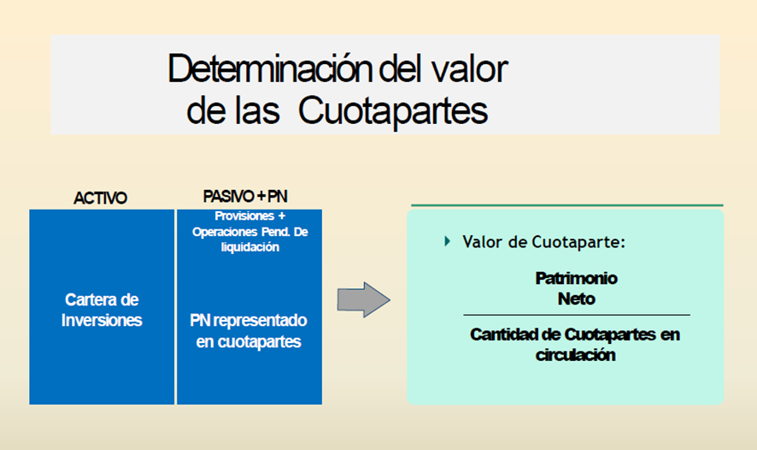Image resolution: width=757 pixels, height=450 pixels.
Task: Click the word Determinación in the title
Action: [x=270, y=68]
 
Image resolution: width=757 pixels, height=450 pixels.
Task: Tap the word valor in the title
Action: [x=469, y=68]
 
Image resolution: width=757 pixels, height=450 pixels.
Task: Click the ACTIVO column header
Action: [x=101, y=198]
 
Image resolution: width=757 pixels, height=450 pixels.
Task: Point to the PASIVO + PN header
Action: [x=245, y=196]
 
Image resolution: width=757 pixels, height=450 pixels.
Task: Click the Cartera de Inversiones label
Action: [x=102, y=310]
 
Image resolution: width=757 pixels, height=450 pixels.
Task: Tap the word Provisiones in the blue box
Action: [x=244, y=216]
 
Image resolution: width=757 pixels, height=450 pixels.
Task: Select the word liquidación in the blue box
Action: [x=250, y=247]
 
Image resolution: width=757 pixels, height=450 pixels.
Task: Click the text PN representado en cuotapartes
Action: [x=249, y=331]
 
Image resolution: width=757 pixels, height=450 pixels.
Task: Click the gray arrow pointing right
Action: [x=363, y=299]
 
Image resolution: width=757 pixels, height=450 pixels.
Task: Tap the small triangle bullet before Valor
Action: [x=448, y=240]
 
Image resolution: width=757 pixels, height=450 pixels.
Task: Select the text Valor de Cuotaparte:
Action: [x=543, y=241]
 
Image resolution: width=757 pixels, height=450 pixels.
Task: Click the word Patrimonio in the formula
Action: [x=577, y=278]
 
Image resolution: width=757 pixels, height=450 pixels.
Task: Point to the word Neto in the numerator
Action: [x=577, y=299]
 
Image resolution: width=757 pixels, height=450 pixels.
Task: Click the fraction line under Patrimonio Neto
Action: [x=577, y=315]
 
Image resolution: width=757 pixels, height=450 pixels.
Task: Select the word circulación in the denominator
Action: [x=576, y=355]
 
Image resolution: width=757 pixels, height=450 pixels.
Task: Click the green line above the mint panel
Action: [x=567, y=205]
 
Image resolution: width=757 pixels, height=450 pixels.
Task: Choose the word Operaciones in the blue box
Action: [x=225, y=232]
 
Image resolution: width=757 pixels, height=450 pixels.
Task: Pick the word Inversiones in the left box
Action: [x=102, y=320]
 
